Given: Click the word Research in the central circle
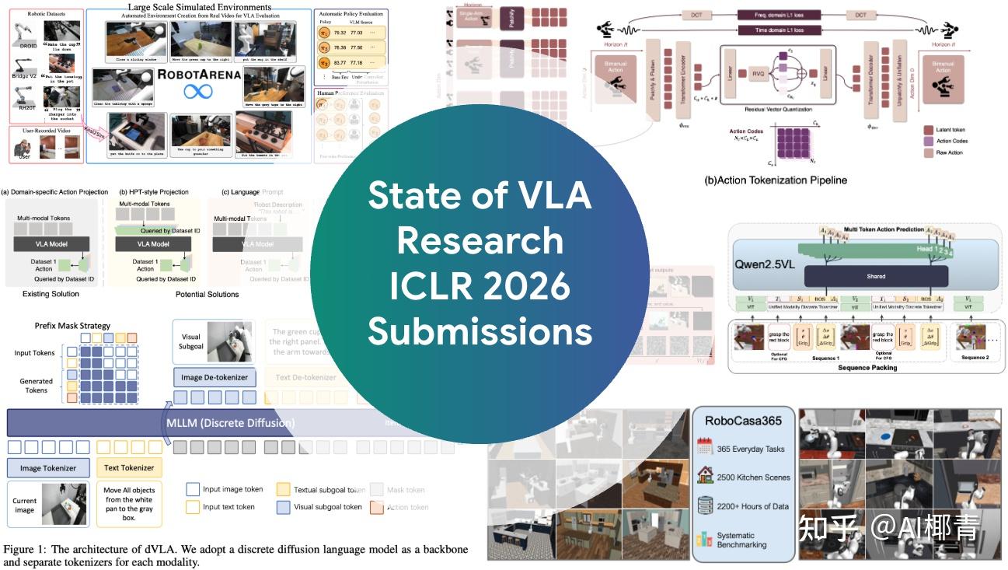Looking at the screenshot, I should click(x=480, y=242).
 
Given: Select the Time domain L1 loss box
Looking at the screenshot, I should click(x=783, y=30).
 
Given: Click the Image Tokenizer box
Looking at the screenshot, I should click(x=48, y=468).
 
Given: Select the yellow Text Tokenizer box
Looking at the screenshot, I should click(x=129, y=468).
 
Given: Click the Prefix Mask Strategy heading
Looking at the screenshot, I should click(x=73, y=325).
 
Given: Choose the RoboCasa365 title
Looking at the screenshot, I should click(x=743, y=420).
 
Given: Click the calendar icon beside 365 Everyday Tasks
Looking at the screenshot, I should click(x=706, y=448).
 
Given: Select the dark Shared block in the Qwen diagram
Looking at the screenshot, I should click(x=875, y=275).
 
